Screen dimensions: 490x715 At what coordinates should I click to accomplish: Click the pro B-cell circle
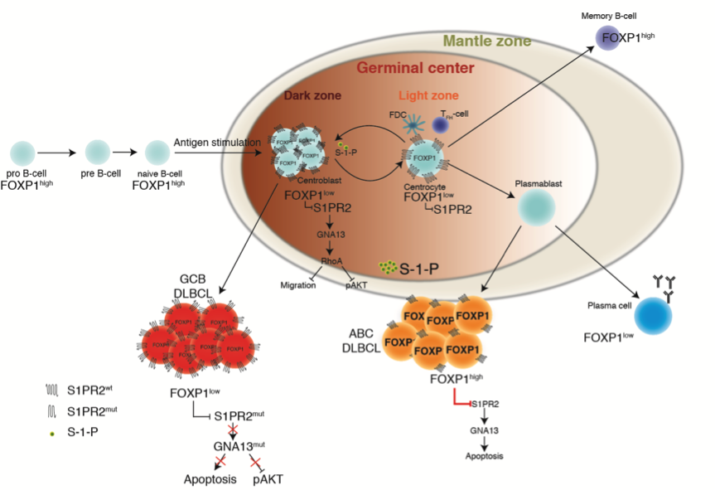pos(22,153)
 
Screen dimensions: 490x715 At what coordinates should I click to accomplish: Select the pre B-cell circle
pos(98,153)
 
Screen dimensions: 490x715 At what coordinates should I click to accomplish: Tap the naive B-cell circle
pos(157,153)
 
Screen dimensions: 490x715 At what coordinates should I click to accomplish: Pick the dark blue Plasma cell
pos(653,316)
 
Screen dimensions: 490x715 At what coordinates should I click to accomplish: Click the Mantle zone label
pos(487,40)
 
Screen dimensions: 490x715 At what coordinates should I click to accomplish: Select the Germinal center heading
pos(416,68)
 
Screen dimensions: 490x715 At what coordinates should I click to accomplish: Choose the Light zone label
pos(428,96)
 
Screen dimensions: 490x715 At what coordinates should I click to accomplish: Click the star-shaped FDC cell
pos(414,125)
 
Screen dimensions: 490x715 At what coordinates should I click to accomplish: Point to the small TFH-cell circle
pos(441,124)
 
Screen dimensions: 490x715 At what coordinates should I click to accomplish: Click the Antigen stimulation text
pos(217,143)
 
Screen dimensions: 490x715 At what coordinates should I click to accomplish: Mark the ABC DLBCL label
pos(362,340)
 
